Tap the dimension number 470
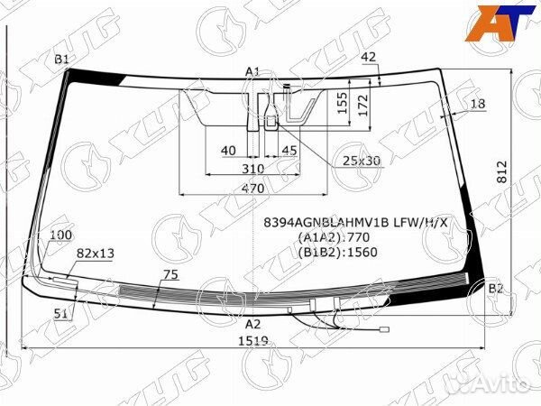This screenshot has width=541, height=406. click(x=252, y=189)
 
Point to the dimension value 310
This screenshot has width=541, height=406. click(x=252, y=168)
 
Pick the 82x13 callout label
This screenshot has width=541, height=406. click(x=96, y=254)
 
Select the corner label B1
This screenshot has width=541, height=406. click(x=62, y=60)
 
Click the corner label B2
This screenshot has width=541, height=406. click(x=495, y=289)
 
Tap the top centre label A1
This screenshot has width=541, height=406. click(x=252, y=71)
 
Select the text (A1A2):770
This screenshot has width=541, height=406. click(x=333, y=237)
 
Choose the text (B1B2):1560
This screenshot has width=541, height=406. click(x=336, y=252)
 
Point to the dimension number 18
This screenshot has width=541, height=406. click(x=477, y=104)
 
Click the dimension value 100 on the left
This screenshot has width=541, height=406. click(x=61, y=235)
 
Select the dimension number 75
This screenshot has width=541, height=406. click(x=169, y=274)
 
